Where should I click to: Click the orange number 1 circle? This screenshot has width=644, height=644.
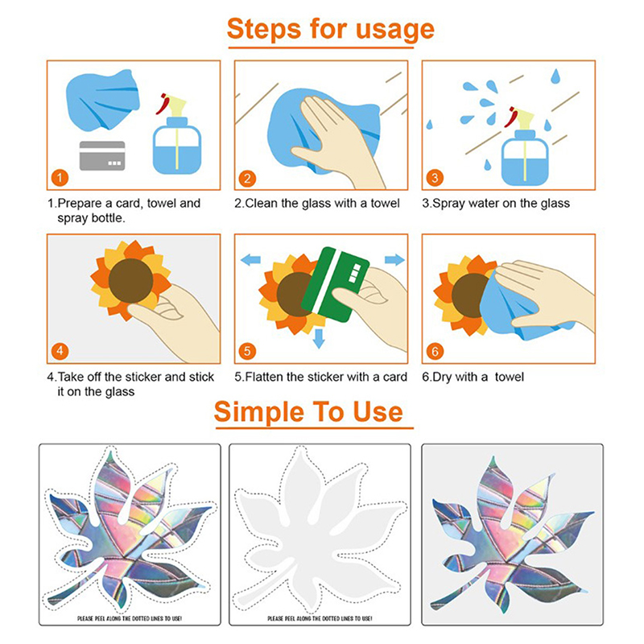60,178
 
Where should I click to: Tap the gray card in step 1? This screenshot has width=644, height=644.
102,155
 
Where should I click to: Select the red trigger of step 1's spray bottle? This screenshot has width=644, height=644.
163,105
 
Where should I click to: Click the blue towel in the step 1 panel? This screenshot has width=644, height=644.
102,101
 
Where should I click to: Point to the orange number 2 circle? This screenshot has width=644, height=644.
247,178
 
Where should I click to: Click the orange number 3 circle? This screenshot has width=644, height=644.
435,178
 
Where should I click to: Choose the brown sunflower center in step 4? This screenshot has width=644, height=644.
130,281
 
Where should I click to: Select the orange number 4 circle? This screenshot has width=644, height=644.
60,351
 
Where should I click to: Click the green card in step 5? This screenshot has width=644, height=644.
335,284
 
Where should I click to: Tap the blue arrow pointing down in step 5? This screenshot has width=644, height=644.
319,338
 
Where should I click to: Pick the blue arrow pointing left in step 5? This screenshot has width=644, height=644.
250,259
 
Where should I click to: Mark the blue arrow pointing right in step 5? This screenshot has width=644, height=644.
394,259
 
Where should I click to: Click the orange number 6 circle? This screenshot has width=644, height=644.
435,351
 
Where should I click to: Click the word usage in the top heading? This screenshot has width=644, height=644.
394,30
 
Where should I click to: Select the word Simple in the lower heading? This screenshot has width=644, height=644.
258,412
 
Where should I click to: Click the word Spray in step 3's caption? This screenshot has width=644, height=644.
449,204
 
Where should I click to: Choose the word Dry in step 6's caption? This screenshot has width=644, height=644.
442,378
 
